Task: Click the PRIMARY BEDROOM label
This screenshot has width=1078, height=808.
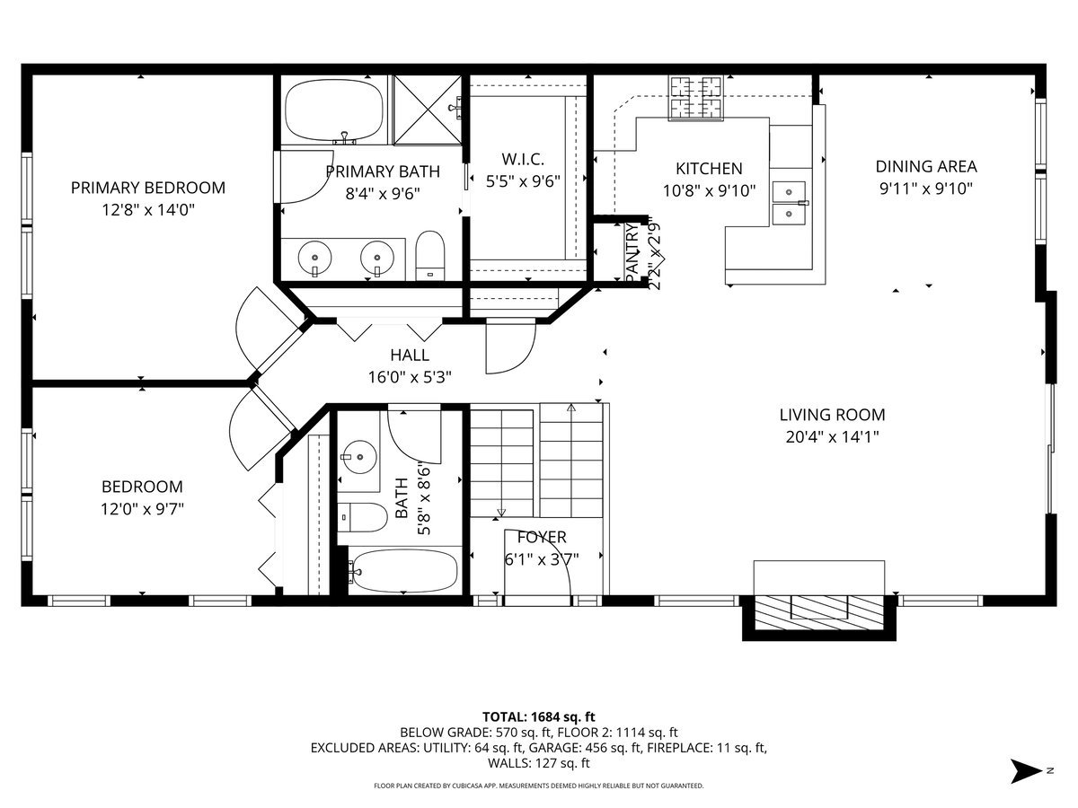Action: [148, 188]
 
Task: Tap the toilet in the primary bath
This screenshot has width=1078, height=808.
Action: [429, 256]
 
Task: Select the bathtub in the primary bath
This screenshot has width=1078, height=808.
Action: [334, 110]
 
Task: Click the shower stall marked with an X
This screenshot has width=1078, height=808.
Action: [428, 110]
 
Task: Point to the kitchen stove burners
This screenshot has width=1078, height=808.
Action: [695, 98]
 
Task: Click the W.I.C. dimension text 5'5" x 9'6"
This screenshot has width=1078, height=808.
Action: [523, 181]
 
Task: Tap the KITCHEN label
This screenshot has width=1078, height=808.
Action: [709, 169]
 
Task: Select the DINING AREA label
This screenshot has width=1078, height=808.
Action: [926, 167]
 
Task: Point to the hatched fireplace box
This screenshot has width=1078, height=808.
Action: [819, 613]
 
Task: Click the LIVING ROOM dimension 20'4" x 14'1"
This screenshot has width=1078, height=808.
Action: [832, 436]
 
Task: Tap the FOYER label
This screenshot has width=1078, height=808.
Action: [542, 537]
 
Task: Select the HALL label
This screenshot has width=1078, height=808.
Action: [410, 355]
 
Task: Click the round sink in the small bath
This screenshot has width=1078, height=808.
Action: [359, 457]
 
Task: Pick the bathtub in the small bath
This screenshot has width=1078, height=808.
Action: [404, 571]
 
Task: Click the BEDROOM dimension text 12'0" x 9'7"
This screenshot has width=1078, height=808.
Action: [142, 509]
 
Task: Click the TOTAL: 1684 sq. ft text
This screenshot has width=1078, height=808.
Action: [539, 717]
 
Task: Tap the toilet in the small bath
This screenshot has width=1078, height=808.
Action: [362, 517]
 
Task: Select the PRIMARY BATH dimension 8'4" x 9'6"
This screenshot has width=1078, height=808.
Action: [383, 194]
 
